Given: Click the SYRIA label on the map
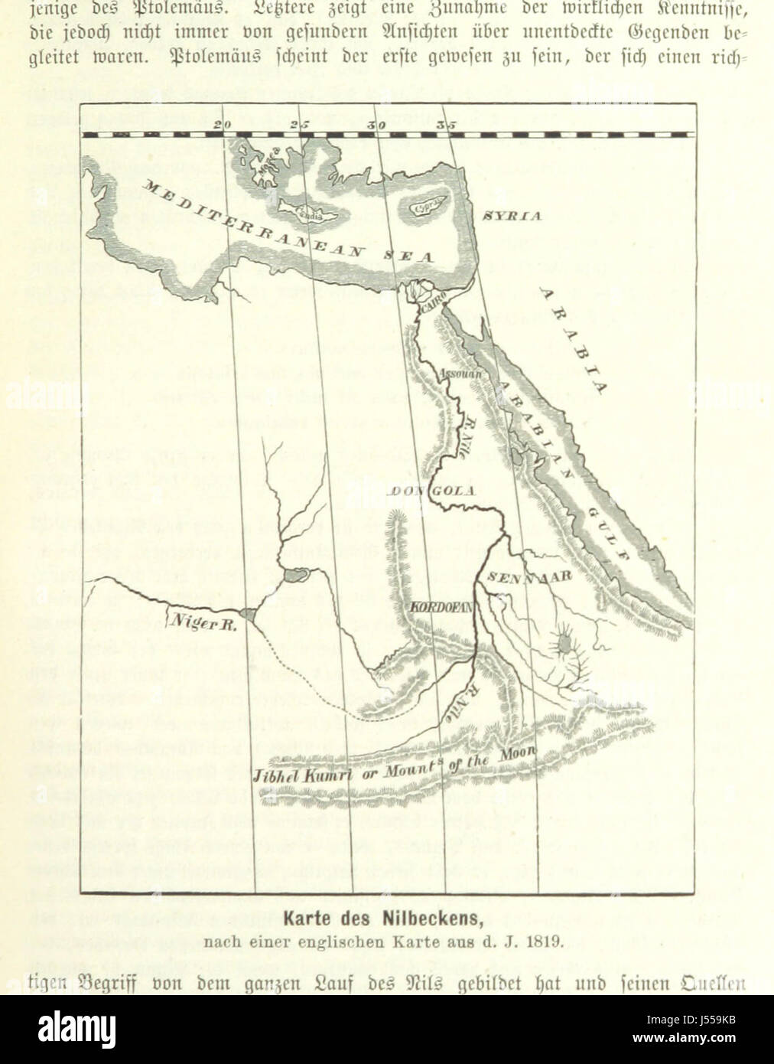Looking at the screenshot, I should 512,215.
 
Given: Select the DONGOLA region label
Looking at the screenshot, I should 435,491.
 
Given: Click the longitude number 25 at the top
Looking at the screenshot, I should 299,123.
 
